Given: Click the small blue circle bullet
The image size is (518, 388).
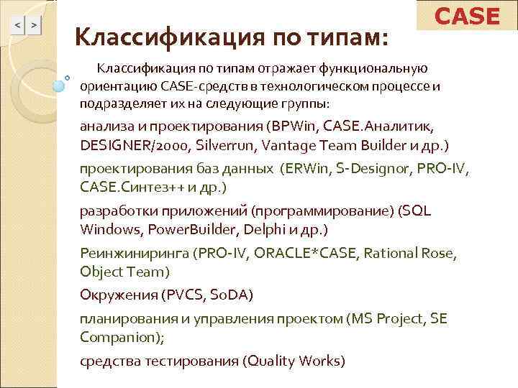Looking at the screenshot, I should (x=67, y=78).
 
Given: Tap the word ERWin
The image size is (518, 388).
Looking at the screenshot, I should (x=302, y=170).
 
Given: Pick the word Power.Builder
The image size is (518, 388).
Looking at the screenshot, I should (x=178, y=230).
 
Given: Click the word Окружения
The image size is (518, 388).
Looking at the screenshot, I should (x=119, y=295).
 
